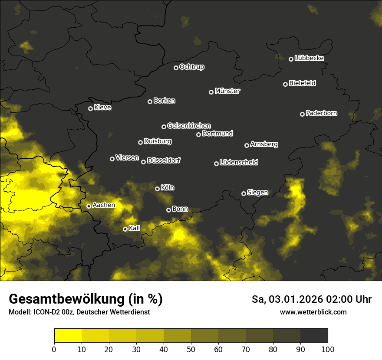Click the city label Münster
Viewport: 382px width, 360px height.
[x=227, y=91]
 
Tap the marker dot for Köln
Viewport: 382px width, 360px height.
[x=158, y=189]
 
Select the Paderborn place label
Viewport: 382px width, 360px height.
[x=321, y=113]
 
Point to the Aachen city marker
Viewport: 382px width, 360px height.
[x=89, y=206]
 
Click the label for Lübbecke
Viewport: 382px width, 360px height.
[x=309, y=58]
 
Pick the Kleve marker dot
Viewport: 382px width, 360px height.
[x=91, y=108]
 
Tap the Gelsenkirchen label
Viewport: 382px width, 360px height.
[x=189, y=126]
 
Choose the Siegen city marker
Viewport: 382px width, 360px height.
[x=244, y=193]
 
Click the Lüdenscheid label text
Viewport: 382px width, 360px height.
[x=239, y=163]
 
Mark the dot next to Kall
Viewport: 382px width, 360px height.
[x=125, y=229]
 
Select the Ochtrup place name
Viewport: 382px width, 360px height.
[x=191, y=67]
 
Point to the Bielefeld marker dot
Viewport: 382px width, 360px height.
[x=286, y=84]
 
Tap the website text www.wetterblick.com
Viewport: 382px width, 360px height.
[x=313, y=312]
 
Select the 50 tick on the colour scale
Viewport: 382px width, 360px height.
[x=191, y=349]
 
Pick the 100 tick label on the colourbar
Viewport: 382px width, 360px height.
[x=327, y=349]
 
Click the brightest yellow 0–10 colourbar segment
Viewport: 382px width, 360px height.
[x=68, y=336]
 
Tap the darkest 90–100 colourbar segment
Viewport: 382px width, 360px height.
[x=314, y=336]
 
